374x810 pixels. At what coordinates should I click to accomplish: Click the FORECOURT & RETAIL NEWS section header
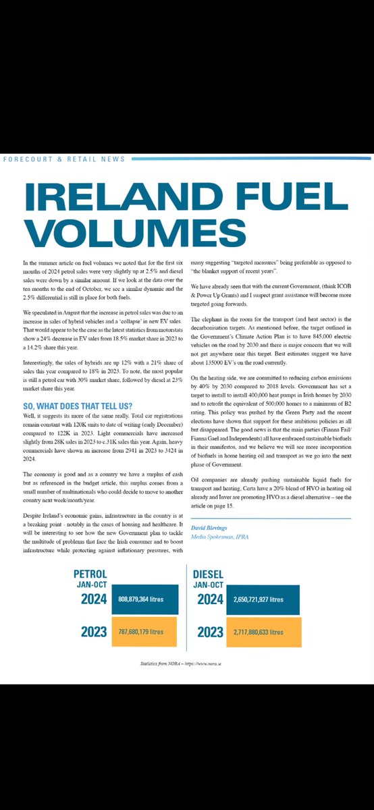point(64,159)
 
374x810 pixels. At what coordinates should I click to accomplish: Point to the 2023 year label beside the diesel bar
point(212,632)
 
